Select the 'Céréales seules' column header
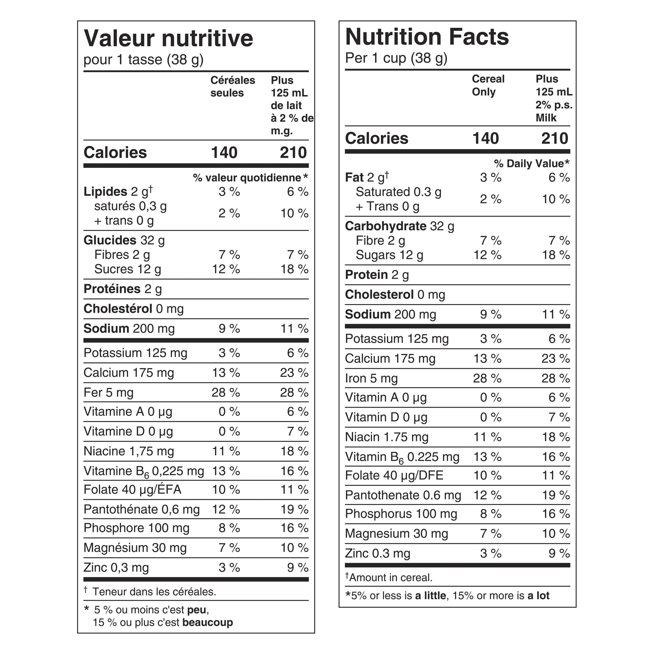click(x=232, y=86)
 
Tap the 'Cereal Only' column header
click(x=488, y=85)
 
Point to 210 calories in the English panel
click(x=555, y=138)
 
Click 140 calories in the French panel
click(x=224, y=152)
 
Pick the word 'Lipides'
click(x=105, y=192)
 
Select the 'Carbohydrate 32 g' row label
click(x=399, y=226)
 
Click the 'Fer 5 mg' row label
click(x=108, y=392)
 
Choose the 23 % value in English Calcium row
click(x=556, y=359)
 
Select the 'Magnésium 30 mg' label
click(x=135, y=547)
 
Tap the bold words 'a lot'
click(x=538, y=595)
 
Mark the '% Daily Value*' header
click(x=531, y=163)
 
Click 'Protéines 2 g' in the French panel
click(x=123, y=289)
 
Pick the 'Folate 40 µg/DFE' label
click(x=394, y=475)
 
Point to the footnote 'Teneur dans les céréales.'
click(x=154, y=591)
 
